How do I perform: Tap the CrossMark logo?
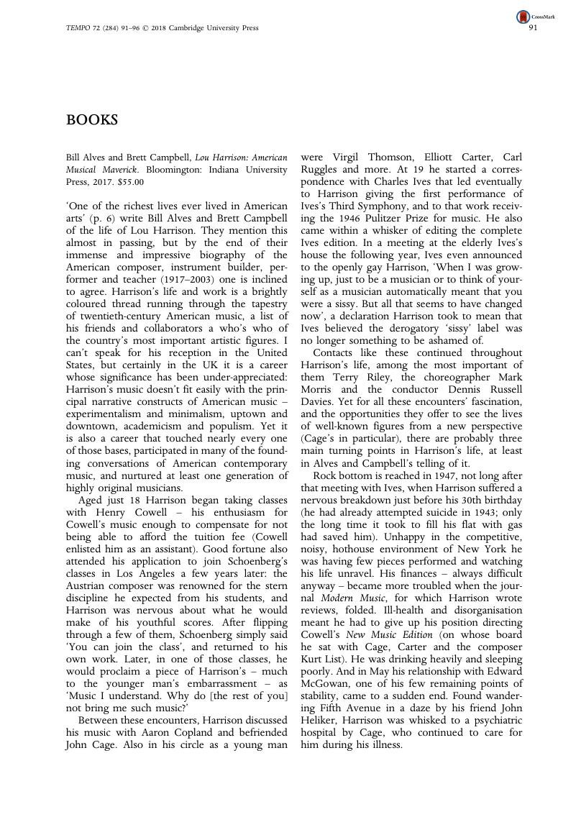click(x=523, y=16)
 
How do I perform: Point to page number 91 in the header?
click(x=534, y=28)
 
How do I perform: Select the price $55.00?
click(x=129, y=182)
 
